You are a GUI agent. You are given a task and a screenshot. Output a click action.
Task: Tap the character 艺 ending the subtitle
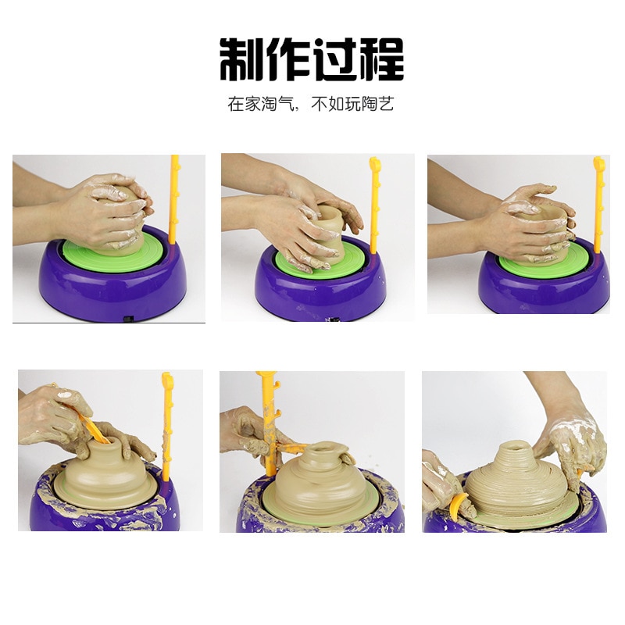387,105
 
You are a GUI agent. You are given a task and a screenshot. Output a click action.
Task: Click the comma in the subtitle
298,108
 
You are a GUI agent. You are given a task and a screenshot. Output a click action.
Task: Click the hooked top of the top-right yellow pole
599,164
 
